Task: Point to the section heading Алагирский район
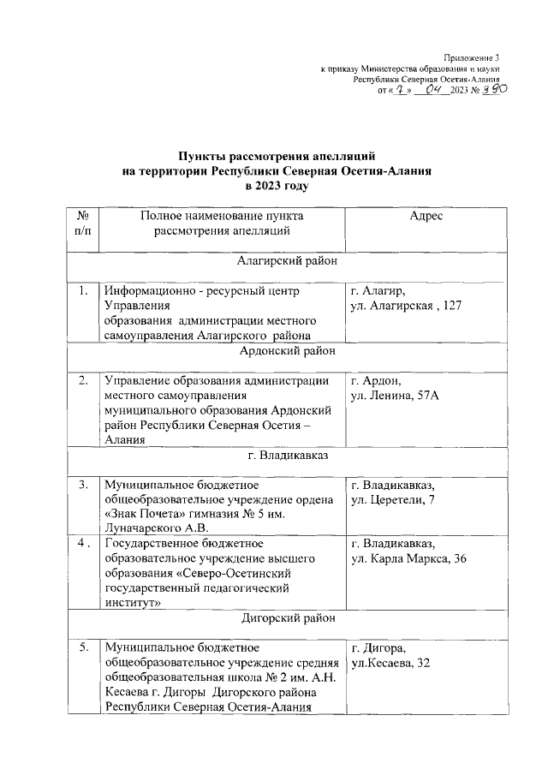click(x=286, y=261)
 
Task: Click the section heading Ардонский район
click(x=286, y=350)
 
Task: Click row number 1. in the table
click(x=83, y=291)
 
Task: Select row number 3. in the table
click(x=83, y=485)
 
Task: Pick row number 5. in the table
click(x=83, y=647)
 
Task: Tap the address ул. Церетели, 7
click(x=393, y=500)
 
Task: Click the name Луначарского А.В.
click(x=157, y=529)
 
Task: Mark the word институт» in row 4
click(x=134, y=603)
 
